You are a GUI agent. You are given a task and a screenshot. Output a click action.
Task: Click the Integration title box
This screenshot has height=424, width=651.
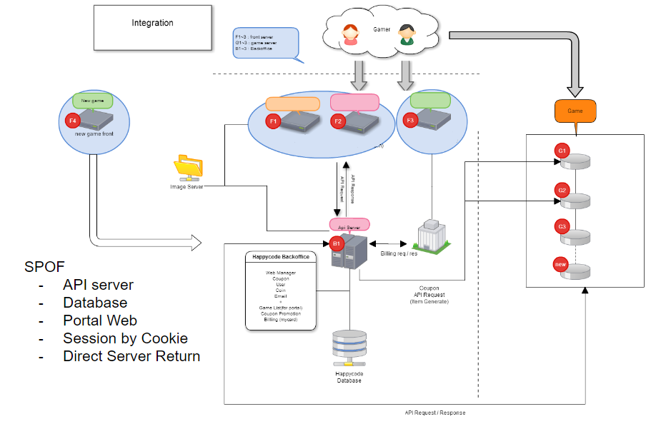[152, 27]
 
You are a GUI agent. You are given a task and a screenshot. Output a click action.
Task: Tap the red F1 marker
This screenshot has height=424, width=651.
[272, 122]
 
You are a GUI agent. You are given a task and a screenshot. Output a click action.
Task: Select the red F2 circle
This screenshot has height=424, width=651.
[339, 122]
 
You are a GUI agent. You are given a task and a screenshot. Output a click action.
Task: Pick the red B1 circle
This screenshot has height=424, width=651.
[337, 243]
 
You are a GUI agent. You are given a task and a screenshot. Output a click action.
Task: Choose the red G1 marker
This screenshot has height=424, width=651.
[562, 151]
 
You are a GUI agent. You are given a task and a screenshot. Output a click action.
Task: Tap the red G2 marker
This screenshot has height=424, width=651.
[562, 191]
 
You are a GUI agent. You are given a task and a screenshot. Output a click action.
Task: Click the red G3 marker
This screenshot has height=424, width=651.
[562, 228]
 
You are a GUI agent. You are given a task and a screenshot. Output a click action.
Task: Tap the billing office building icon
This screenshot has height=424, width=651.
[429, 235]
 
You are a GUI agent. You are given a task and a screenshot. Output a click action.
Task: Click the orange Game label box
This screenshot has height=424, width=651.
[575, 111]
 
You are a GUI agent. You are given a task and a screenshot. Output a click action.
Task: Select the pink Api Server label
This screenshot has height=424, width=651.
[349, 225]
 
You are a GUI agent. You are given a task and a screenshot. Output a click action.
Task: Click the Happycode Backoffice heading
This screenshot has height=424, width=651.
[281, 257]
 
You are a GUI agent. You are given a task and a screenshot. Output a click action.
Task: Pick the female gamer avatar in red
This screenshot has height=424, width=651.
[351, 35]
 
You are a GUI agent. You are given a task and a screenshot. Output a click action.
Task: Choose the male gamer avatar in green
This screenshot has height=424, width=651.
[406, 35]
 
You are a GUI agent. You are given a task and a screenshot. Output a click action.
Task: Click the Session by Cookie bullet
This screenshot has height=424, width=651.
[125, 338]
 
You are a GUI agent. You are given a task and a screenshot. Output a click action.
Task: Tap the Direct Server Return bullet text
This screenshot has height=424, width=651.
[131, 356]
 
